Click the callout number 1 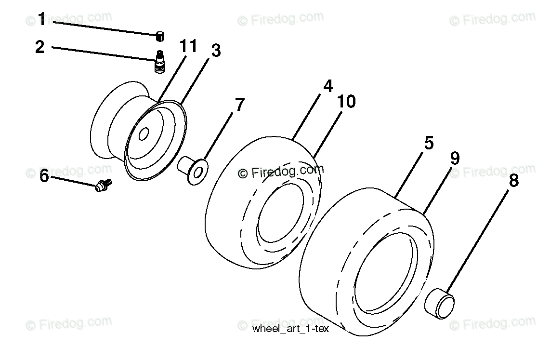click(41, 20)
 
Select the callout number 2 click(40, 47)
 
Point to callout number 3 click(215, 50)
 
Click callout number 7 click(239, 105)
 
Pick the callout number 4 click(327, 86)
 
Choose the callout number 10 click(347, 101)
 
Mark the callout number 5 click(429, 143)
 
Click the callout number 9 click(454, 158)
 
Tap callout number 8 click(514, 181)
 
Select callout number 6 click(44, 176)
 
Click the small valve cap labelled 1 click(160, 35)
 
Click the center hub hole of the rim click(143, 136)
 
